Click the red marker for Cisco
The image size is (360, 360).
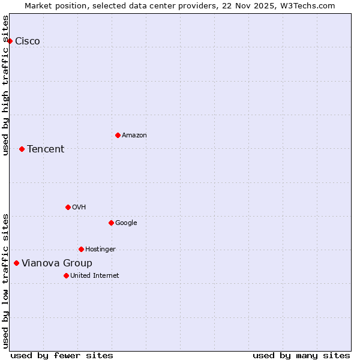click(10, 41)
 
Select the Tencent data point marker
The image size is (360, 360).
click(22, 149)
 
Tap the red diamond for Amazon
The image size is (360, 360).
click(118, 135)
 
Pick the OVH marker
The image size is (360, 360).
click(68, 207)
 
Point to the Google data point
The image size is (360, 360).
click(111, 223)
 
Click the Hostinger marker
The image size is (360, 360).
click(81, 249)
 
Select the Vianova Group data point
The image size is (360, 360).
click(16, 263)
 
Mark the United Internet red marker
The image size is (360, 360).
click(66, 275)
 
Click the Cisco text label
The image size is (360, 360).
click(28, 41)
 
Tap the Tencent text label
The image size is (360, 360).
click(46, 149)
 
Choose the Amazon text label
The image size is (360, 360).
click(134, 135)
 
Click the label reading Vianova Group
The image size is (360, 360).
click(57, 263)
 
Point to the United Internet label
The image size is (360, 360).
click(95, 275)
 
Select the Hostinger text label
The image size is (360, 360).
click(100, 249)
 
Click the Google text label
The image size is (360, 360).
click(126, 223)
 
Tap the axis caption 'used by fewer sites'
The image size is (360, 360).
click(62, 355)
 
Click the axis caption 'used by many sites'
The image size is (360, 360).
click(301, 355)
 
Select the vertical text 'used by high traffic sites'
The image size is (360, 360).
click(6, 86)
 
